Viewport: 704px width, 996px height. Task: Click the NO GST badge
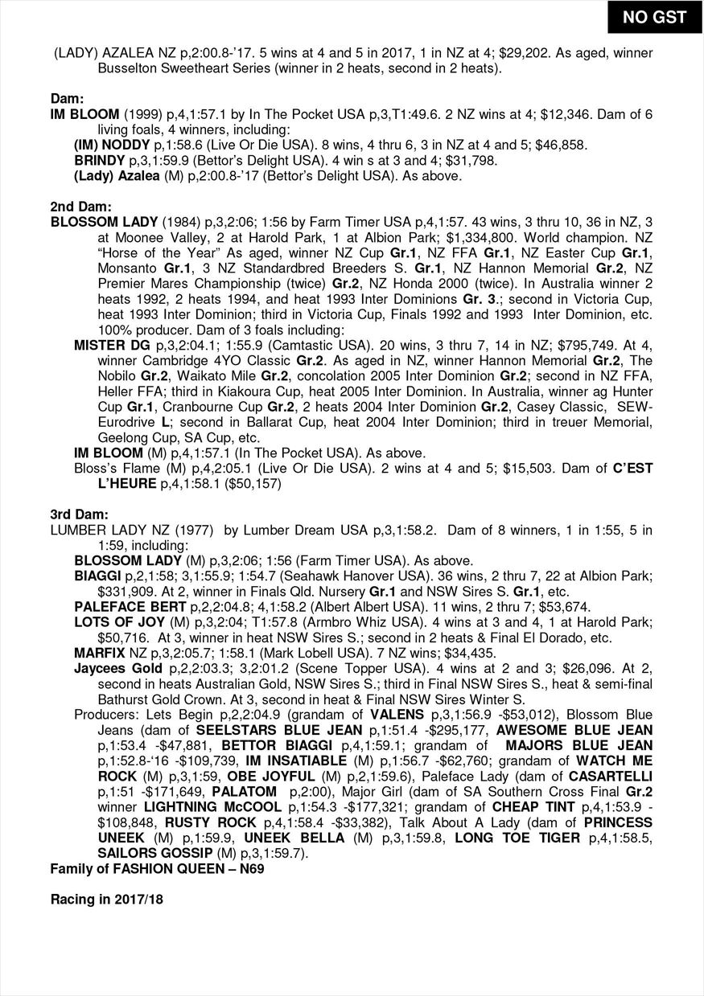[655, 17]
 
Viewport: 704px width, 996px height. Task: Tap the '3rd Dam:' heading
[80, 514]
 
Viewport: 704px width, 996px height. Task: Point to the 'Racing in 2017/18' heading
[106, 899]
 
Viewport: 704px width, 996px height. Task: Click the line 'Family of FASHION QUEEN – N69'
[158, 868]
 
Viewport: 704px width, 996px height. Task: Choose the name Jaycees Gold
[117, 669]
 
